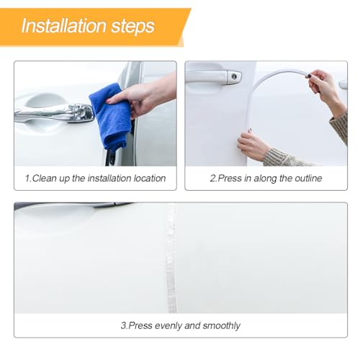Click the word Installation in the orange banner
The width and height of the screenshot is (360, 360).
63,26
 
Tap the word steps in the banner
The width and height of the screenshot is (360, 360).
132,27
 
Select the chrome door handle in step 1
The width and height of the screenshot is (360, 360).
54,113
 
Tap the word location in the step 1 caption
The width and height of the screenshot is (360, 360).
150,179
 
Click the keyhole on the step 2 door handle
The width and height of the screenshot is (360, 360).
234,77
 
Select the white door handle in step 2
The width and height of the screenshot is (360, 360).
213,77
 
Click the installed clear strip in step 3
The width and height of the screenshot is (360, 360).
171,258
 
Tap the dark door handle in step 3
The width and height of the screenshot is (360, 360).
72,205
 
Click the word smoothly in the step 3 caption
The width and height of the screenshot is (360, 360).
221,326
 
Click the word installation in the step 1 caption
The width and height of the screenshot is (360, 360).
109,179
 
